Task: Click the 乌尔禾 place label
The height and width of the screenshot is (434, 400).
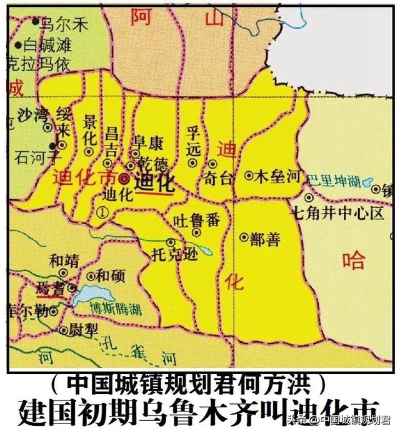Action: (63, 24)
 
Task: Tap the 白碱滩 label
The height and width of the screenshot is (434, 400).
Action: (47, 44)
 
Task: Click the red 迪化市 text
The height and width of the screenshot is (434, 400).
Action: (84, 177)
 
